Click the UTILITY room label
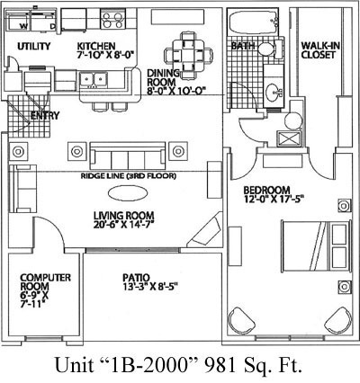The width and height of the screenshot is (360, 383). [x=33, y=46]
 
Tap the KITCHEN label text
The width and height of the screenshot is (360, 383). [x=95, y=46]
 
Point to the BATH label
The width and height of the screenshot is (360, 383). [x=242, y=45]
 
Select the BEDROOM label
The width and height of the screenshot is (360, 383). [x=266, y=191]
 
